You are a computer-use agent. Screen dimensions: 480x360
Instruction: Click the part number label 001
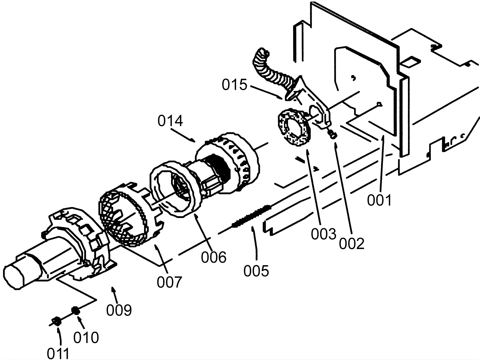tap(379, 200)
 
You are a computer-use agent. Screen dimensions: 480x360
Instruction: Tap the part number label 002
tap(352, 244)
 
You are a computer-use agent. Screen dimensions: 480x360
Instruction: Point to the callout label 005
tap(256, 271)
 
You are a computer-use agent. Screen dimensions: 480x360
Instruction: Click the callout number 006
tap(213, 257)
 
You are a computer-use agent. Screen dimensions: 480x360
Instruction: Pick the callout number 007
tap(169, 282)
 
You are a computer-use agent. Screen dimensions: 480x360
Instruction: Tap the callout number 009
tap(119, 310)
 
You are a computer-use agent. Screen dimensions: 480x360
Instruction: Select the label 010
tap(86, 338)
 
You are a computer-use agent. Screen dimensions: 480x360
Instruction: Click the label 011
tap(58, 353)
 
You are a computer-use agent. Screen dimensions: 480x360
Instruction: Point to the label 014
tap(170, 121)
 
